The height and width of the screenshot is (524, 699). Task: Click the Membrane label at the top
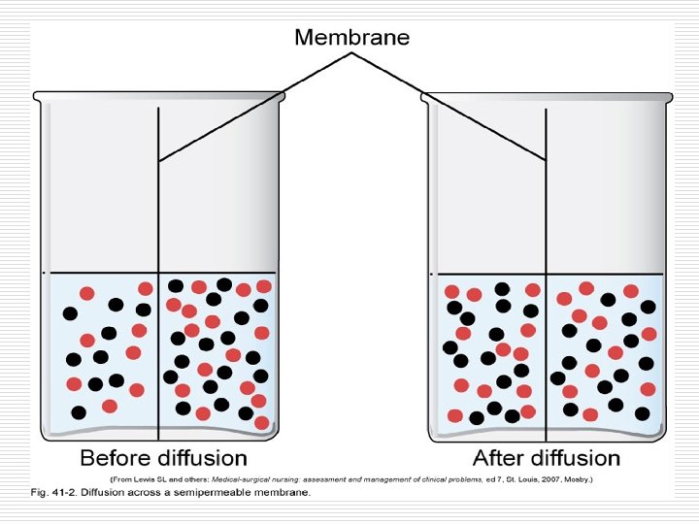tap(351, 38)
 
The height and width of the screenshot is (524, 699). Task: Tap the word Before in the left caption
tap(117, 457)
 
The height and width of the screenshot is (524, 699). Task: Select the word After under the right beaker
tap(498, 457)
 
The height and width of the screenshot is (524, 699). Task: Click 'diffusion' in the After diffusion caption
tap(574, 457)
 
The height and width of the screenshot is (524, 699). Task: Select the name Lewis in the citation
tap(144, 479)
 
